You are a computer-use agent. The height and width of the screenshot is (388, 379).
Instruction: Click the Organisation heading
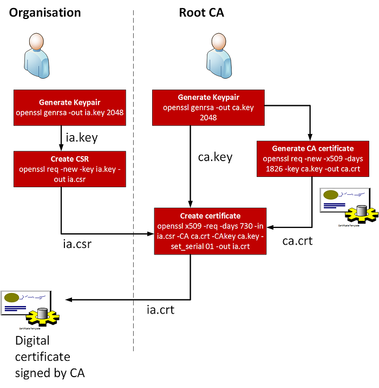[x=45, y=13]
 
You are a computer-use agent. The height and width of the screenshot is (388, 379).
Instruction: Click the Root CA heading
[x=201, y=13]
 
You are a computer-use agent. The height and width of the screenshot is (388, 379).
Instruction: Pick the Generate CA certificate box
[x=312, y=158]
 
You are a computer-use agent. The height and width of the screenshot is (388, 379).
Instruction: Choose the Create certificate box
[x=211, y=230]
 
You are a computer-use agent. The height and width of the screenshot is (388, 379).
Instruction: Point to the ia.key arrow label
[x=81, y=138]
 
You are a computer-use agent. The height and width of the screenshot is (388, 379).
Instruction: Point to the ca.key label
[x=215, y=157]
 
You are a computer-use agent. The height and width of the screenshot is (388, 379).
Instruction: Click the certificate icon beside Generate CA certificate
[x=347, y=207]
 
